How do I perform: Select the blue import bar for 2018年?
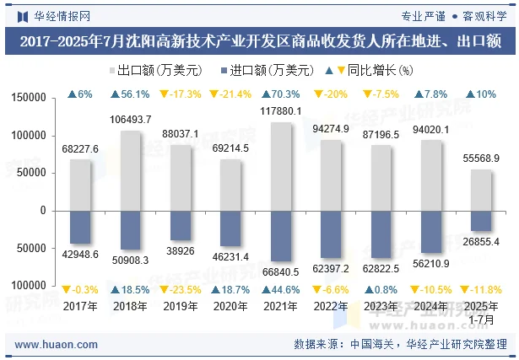pyautogui.click(x=130, y=230)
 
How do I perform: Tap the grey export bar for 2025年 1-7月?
pyautogui.click(x=481, y=190)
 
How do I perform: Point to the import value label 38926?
pyautogui.click(x=181, y=251)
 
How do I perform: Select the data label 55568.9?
pyautogui.click(x=481, y=159)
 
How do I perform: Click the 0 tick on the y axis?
pyautogui.click(x=41, y=211)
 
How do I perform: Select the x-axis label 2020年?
pyautogui.click(x=230, y=306)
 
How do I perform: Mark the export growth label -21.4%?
pyautogui.click(x=230, y=94)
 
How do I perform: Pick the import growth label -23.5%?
pyautogui.click(x=181, y=289)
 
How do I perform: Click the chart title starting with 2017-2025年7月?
pyautogui.click(x=259, y=40)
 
